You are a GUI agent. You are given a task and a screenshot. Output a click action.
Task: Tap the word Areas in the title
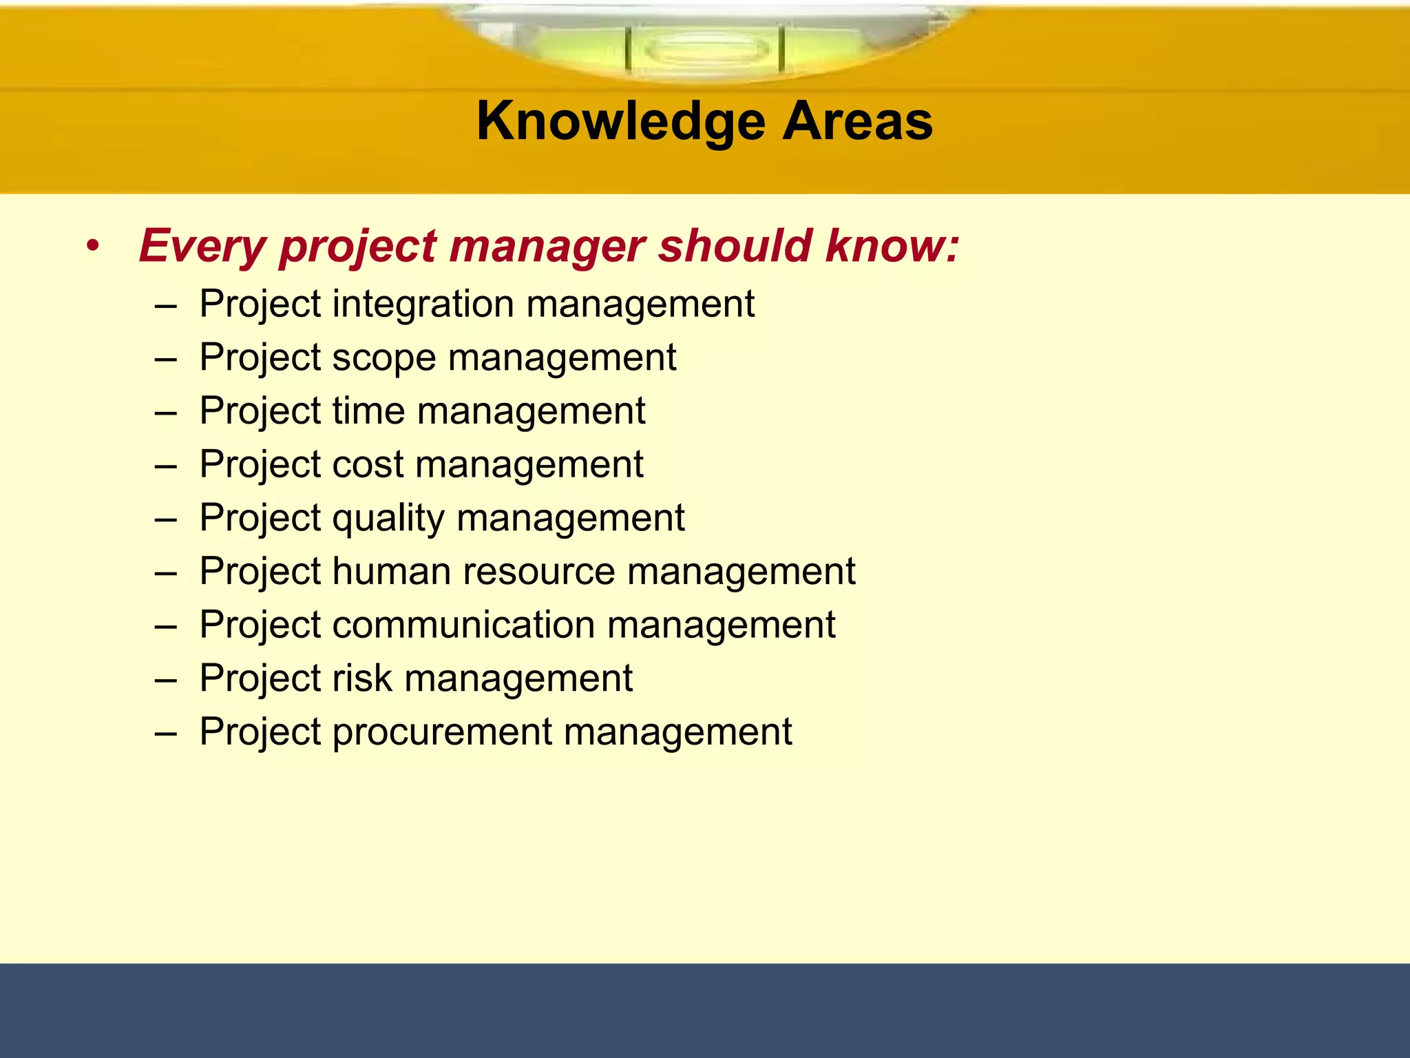[x=857, y=121]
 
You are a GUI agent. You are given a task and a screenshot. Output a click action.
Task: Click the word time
[x=368, y=411]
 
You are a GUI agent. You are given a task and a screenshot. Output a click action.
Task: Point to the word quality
[x=388, y=519]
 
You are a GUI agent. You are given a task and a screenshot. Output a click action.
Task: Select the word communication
[x=463, y=625]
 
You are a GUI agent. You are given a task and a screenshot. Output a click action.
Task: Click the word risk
[x=361, y=678]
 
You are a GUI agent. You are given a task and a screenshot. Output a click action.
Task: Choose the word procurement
[x=442, y=732]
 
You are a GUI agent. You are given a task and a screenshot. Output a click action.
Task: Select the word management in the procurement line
[x=677, y=732]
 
